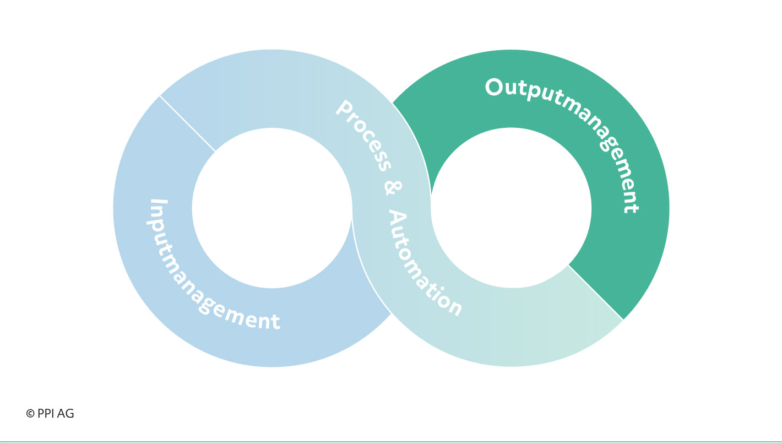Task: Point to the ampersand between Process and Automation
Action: coord(393,188)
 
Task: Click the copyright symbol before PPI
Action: coord(30,414)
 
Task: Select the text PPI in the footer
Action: coord(45,413)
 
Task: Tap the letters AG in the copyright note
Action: coord(66,413)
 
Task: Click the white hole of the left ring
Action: coord(272,208)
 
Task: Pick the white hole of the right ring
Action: coord(511,208)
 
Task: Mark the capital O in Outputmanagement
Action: coord(493,87)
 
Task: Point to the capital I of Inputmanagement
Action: coord(159,202)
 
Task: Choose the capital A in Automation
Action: coord(397,218)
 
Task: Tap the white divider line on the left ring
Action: coord(187,123)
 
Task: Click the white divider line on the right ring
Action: coord(596,292)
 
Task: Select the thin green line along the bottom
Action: coord(391,441)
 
